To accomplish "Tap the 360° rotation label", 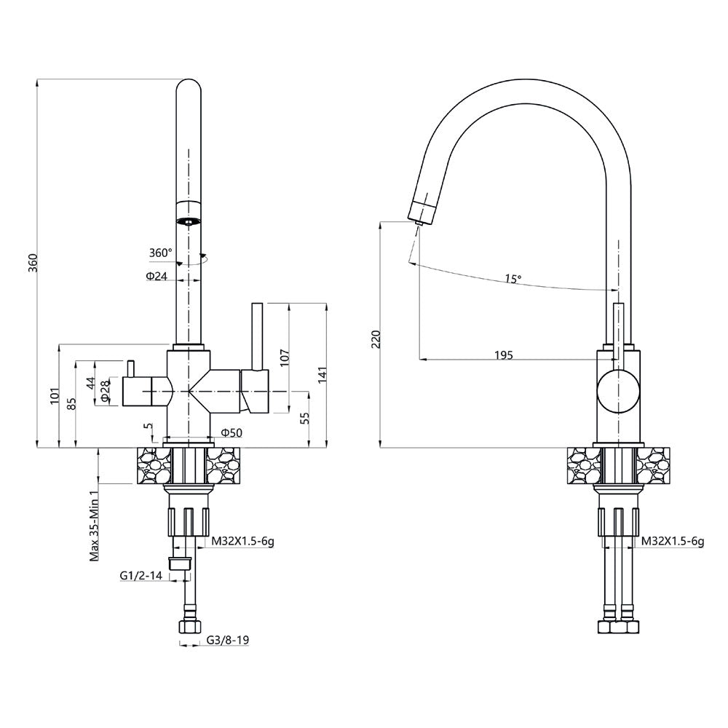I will point(160,253).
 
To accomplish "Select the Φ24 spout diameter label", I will point(157,277).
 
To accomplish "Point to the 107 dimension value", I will point(285,356).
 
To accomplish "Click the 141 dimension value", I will point(323,373).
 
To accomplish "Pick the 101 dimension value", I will point(55,396).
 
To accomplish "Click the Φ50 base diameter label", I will point(231,433).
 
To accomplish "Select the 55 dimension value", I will point(305,418).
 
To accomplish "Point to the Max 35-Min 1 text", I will point(94,524).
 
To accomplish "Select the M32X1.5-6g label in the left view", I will point(243,542).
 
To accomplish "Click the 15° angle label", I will point(514,279).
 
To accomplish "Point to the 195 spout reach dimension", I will point(503,355).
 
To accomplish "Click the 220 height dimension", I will point(376,339).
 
